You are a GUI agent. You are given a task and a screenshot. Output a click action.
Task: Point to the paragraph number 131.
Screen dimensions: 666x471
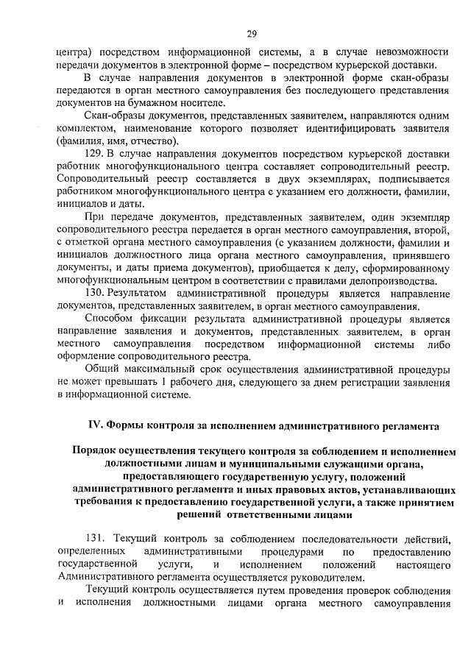[x=98, y=537]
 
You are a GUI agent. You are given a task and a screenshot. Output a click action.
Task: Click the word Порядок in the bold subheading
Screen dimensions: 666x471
[x=96, y=452]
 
